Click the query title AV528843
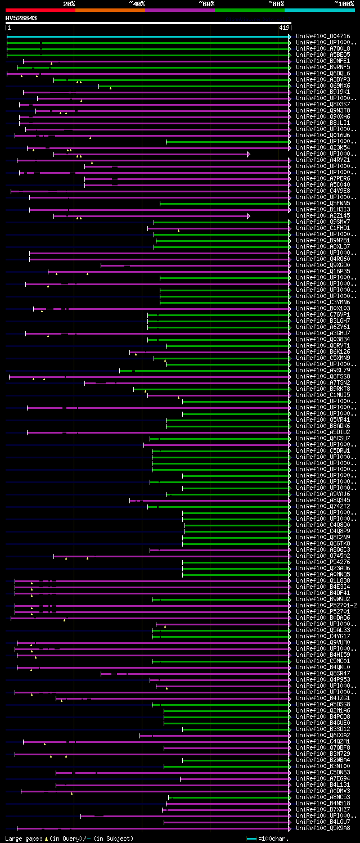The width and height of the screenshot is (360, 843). point(21,18)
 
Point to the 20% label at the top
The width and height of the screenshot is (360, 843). point(69,4)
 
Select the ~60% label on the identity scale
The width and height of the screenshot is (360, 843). point(206,4)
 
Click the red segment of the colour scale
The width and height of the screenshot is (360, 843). point(40,10)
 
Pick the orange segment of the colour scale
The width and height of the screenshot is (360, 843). point(110,10)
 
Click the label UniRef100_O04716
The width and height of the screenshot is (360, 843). point(323,37)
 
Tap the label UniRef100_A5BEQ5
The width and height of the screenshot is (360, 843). point(323,55)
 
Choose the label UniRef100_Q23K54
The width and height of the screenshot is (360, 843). point(323,148)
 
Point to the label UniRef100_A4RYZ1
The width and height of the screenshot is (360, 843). point(323,160)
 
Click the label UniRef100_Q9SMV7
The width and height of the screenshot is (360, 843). point(323,222)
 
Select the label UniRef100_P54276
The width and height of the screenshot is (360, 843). point(323,562)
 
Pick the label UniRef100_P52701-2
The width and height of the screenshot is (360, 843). point(326,606)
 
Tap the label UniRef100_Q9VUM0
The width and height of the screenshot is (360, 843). point(323,643)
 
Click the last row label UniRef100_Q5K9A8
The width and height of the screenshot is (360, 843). point(323,828)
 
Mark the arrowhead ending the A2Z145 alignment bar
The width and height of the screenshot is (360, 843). point(248,216)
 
